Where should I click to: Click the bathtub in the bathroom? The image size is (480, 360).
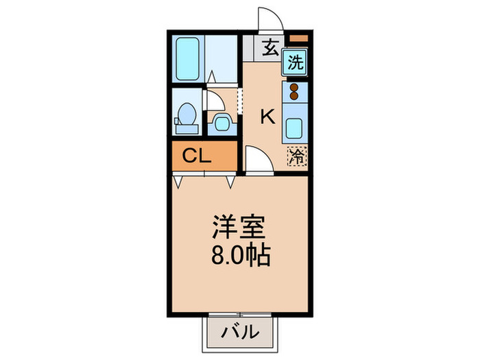[x=188, y=59]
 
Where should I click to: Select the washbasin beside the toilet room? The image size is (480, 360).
[x=222, y=123]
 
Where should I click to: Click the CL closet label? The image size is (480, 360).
[x=197, y=156]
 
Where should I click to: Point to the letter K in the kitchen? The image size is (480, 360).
[x=267, y=117]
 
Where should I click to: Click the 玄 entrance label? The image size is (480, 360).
[x=271, y=48]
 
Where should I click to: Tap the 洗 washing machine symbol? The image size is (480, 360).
[x=296, y=64]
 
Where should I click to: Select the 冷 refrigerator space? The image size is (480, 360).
[x=296, y=156]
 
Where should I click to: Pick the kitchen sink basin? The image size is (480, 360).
[x=296, y=128]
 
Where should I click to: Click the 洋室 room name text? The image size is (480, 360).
[x=238, y=226]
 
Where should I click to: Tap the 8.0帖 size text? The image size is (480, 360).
[x=239, y=256]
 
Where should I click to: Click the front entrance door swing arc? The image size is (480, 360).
[x=267, y=19]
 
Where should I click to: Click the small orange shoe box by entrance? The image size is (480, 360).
[x=297, y=38]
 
